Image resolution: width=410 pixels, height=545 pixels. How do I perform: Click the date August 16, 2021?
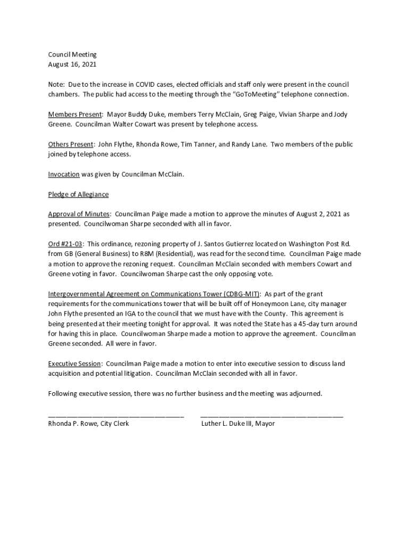[x=72, y=64]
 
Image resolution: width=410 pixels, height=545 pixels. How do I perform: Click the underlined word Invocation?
[x=64, y=174]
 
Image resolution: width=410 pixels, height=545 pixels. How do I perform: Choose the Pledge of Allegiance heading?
[x=78, y=194]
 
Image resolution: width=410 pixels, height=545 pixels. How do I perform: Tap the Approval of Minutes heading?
[x=79, y=214]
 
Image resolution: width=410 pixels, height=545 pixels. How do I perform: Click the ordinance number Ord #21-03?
[x=65, y=244]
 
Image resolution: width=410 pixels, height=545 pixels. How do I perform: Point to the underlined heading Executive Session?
[x=75, y=364]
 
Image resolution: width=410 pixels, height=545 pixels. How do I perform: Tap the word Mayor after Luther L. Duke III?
[x=265, y=424]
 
